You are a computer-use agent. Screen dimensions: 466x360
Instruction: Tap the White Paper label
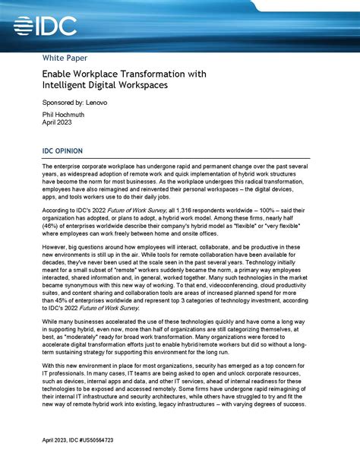tap(64, 58)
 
